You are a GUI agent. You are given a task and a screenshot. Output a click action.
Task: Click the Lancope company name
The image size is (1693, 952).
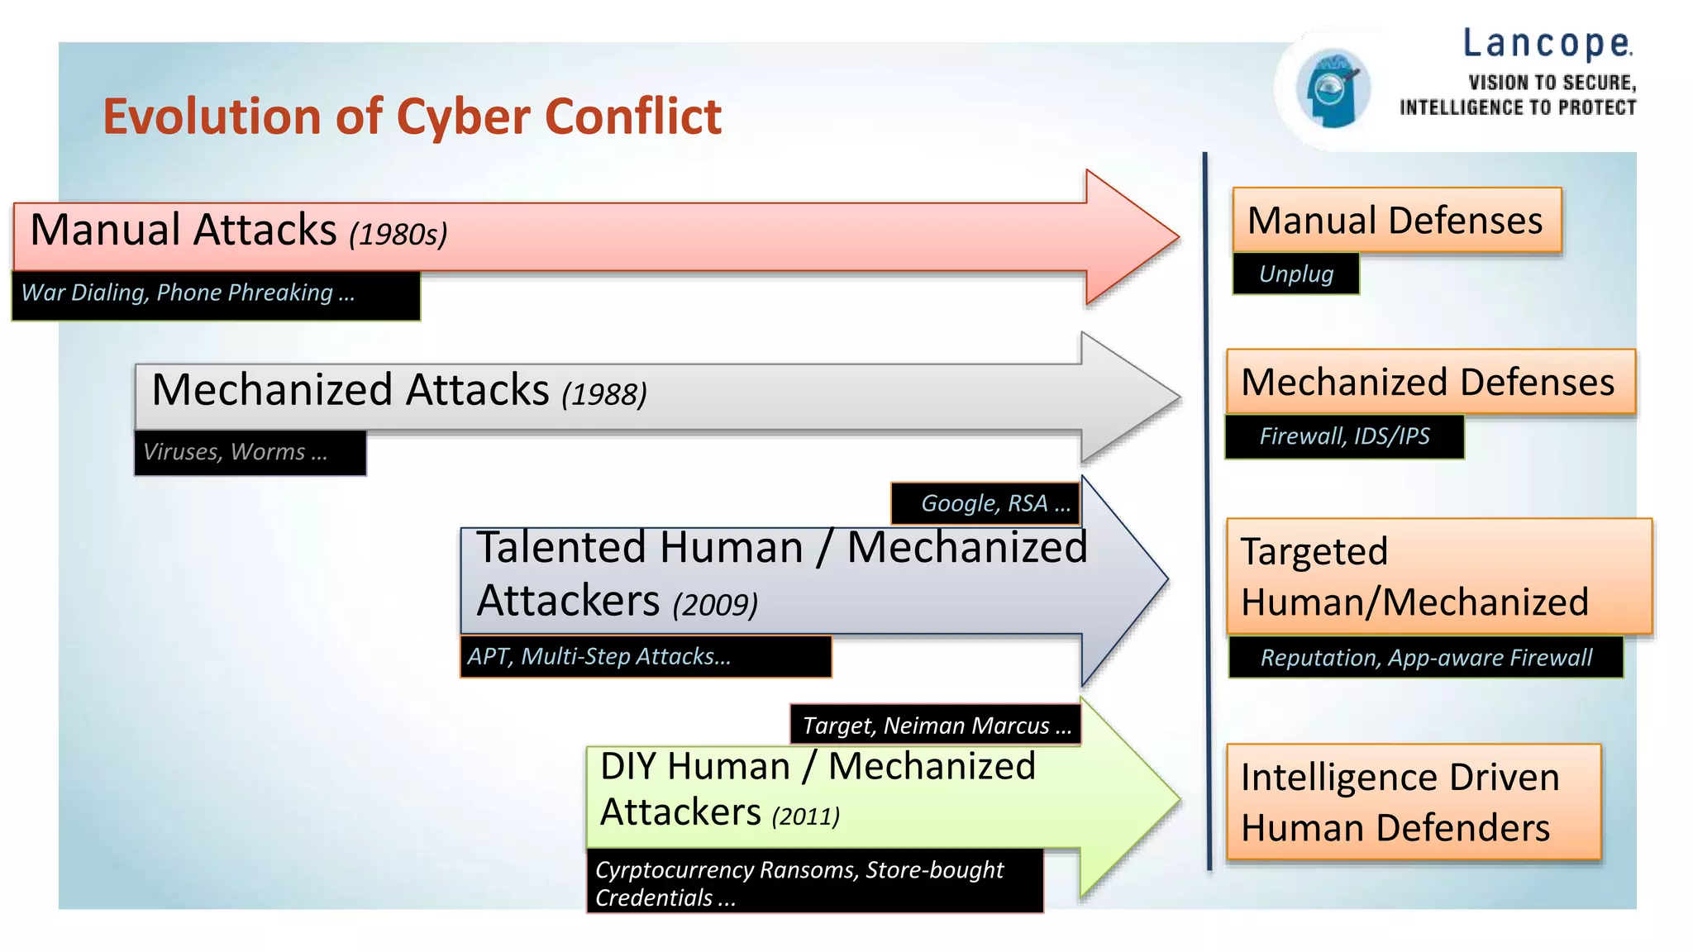(1547, 44)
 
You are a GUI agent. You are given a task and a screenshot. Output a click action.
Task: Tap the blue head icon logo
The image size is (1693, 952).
(1332, 88)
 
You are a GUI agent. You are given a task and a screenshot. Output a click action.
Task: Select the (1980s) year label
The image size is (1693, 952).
(398, 235)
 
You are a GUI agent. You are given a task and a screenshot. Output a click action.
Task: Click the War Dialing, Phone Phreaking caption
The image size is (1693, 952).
(188, 293)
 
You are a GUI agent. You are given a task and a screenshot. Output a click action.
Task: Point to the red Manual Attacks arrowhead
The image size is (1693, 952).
(1129, 237)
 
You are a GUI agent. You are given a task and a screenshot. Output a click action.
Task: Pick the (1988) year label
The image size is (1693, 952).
(603, 394)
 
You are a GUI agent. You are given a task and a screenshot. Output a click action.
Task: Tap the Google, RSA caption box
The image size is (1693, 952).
(985, 503)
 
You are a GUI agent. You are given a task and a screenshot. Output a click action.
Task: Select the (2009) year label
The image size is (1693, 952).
(714, 605)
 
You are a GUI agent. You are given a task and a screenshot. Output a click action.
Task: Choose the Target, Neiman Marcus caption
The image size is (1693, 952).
(936, 725)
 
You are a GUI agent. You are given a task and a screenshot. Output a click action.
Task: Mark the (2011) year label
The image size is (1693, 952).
(805, 816)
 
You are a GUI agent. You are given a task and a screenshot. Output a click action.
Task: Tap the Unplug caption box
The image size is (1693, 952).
(1295, 274)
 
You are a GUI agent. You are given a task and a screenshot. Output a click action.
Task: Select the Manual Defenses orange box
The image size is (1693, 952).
(1395, 221)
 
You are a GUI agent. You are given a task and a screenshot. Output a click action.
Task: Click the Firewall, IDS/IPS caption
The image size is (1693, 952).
(1344, 436)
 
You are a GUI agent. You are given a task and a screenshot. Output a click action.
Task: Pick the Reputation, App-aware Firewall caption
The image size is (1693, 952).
(1425, 658)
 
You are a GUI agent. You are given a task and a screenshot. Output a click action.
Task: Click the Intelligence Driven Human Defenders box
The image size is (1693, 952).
(1413, 802)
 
